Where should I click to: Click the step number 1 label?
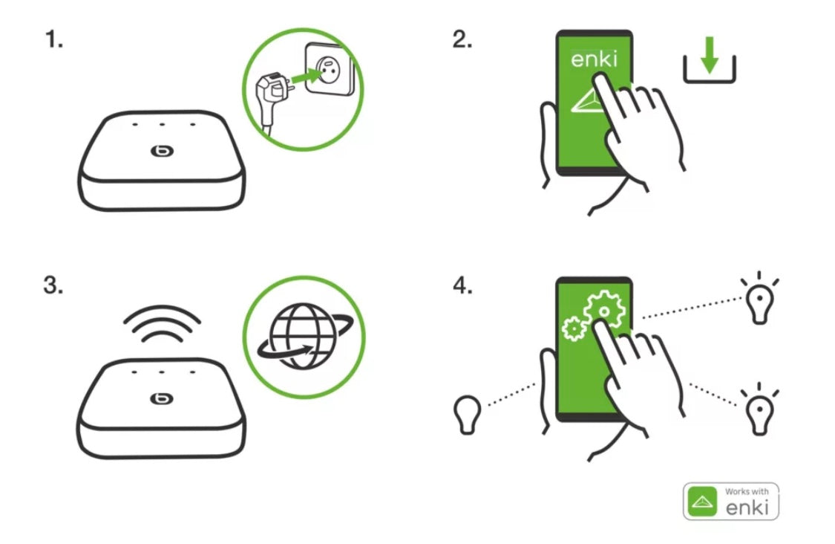click(53, 42)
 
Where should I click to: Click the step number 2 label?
click(462, 42)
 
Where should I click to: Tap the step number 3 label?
click(53, 286)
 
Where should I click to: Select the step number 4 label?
click(462, 286)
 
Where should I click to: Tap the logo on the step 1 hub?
click(160, 152)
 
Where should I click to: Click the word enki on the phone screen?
click(593, 59)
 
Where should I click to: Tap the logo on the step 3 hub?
click(160, 398)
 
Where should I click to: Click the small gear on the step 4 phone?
click(572, 328)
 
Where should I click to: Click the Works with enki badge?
click(730, 501)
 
